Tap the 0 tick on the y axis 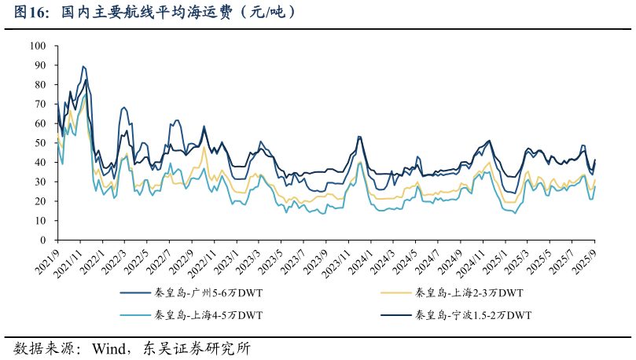pos(44,241)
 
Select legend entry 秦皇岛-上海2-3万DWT pos(469,294)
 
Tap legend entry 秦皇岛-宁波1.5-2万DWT pos(473,315)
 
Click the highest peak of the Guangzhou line pos(83,67)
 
